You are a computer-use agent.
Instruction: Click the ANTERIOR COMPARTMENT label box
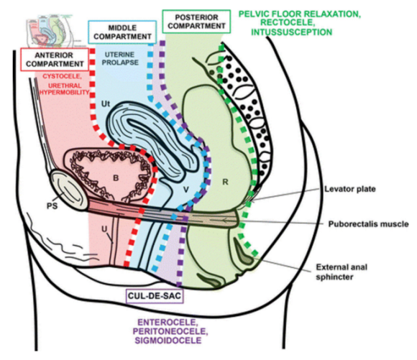pyautogui.click(x=55, y=60)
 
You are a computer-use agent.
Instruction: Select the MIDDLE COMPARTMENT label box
pyautogui.click(x=122, y=32)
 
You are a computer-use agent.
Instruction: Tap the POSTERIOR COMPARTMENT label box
pyautogui.click(x=196, y=22)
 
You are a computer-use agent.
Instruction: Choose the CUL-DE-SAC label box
pyautogui.click(x=155, y=296)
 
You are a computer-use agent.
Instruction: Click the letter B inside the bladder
pyautogui.click(x=116, y=177)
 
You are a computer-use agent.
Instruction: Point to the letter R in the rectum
pyautogui.click(x=225, y=182)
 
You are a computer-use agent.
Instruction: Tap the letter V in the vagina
pyautogui.click(x=186, y=190)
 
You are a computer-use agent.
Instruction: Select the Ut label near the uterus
pyautogui.click(x=106, y=103)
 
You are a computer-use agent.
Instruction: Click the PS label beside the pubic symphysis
pyautogui.click(x=52, y=206)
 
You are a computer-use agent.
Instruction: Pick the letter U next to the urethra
pyautogui.click(x=105, y=229)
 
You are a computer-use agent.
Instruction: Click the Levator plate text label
pyautogui.click(x=350, y=189)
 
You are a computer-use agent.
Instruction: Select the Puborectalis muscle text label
pyautogui.click(x=368, y=224)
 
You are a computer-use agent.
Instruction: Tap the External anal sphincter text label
pyautogui.click(x=342, y=272)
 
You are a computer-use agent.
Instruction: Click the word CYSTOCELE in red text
pyautogui.click(x=61, y=76)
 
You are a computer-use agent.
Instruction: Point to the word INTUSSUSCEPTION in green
pyautogui.click(x=292, y=32)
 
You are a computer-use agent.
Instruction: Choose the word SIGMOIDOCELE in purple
pyautogui.click(x=168, y=341)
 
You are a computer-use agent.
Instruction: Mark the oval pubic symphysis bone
pyautogui.click(x=69, y=190)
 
